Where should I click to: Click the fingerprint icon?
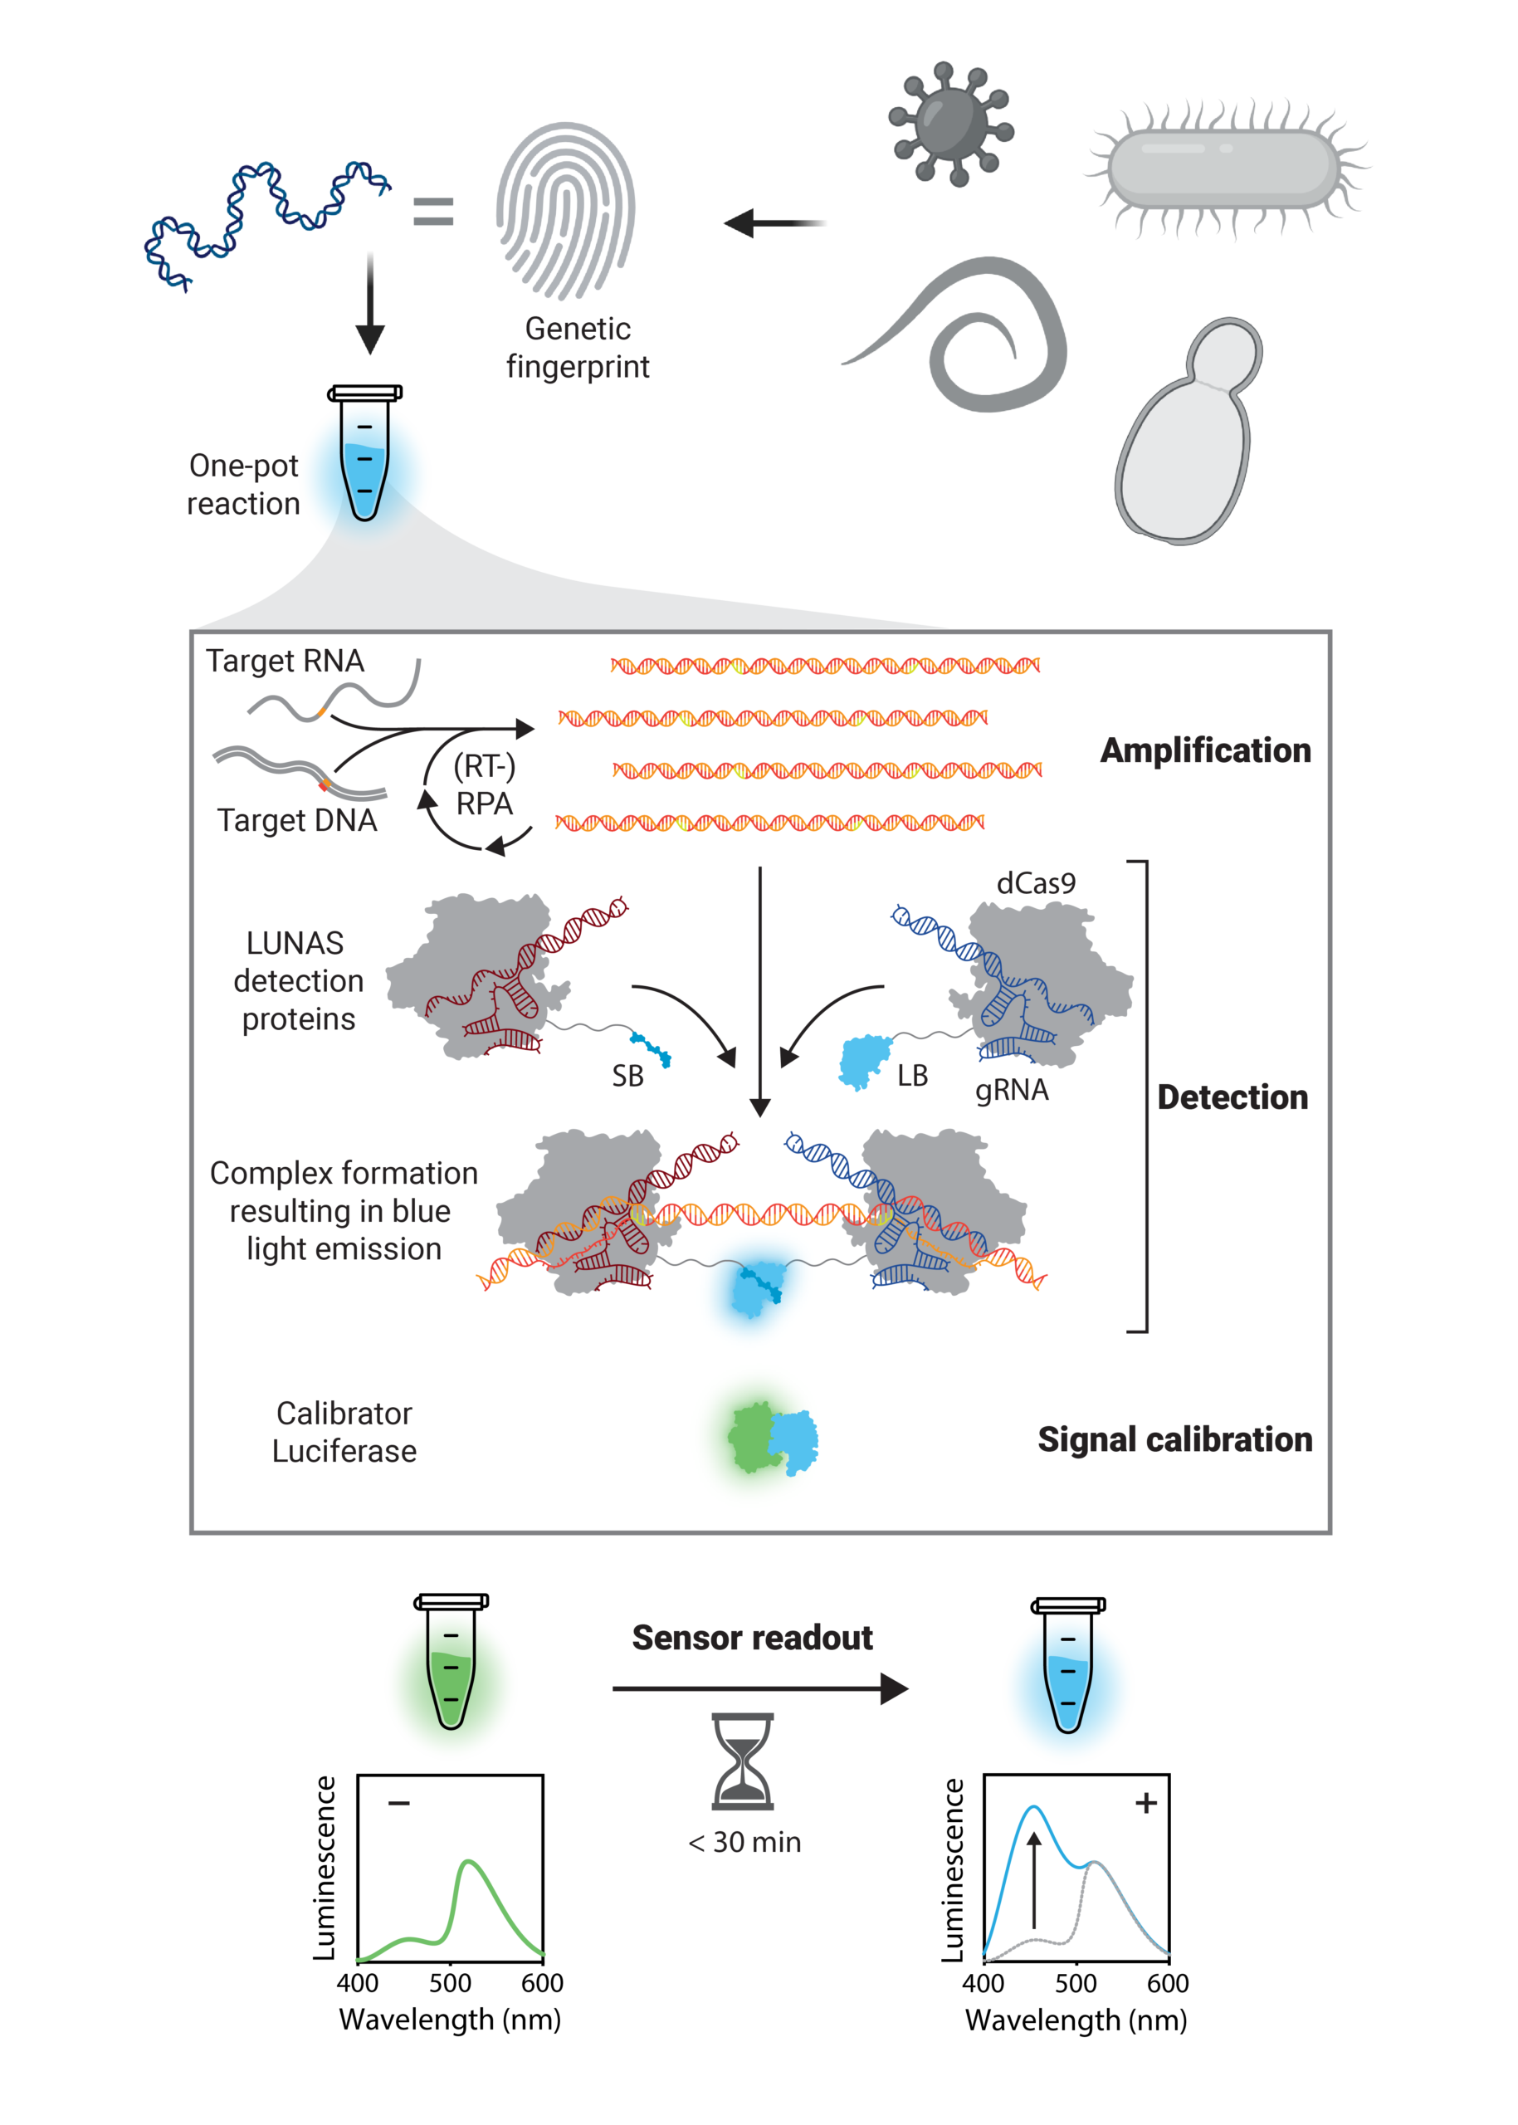click(x=565, y=210)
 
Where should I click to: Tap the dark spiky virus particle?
click(x=950, y=123)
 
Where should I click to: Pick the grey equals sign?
click(x=432, y=212)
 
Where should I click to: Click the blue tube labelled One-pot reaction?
click(x=364, y=452)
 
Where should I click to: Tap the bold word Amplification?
click(x=1205, y=750)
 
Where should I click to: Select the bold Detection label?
click(x=1232, y=1097)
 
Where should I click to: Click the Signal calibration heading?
click(x=1175, y=1439)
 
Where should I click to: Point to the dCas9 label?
click(x=1036, y=883)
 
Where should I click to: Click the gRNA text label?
click(x=1012, y=1091)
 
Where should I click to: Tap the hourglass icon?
click(x=743, y=1761)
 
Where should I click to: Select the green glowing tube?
click(x=451, y=1661)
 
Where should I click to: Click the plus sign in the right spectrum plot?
click(x=1146, y=1802)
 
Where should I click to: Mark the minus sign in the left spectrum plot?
click(x=399, y=1802)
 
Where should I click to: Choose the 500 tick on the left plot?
click(x=450, y=1982)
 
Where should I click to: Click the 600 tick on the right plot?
click(x=1168, y=1982)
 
